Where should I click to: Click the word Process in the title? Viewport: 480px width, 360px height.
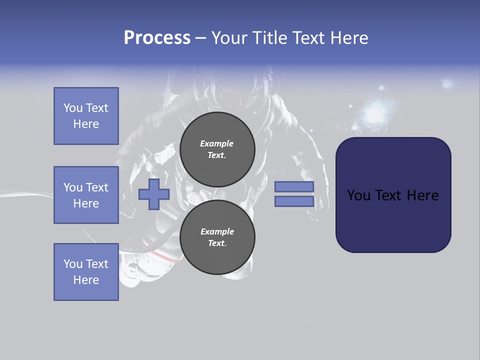(x=157, y=38)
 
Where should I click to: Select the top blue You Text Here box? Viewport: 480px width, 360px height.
(x=86, y=116)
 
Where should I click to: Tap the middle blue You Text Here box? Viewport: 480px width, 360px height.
(x=86, y=195)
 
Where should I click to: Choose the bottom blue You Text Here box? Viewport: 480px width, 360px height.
(x=86, y=272)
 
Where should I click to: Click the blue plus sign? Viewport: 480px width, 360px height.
(x=154, y=194)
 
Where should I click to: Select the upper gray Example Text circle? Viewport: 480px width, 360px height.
(x=217, y=149)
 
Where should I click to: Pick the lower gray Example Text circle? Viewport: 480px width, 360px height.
(x=217, y=237)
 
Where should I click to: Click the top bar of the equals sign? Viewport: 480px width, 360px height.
(x=294, y=186)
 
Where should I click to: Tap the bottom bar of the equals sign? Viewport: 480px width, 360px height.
(x=294, y=201)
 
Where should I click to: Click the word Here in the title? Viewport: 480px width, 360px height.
(x=349, y=38)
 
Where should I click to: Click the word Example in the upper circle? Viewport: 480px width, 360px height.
(x=216, y=143)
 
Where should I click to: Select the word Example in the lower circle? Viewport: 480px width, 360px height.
(x=217, y=231)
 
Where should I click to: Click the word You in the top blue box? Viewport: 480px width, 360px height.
(x=73, y=108)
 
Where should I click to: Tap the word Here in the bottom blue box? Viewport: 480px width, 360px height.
(x=86, y=280)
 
